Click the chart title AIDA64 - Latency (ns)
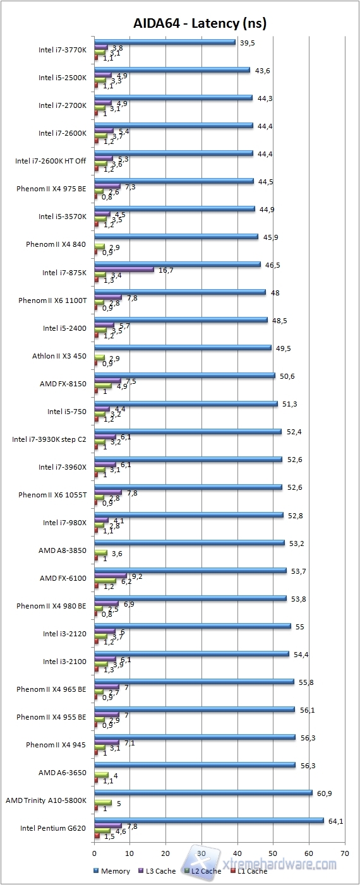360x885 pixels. click(200, 23)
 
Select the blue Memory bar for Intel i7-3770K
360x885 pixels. click(164, 42)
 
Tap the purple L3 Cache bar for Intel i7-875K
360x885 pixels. click(124, 270)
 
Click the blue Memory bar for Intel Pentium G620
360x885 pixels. click(208, 821)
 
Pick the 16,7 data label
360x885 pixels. click(166, 270)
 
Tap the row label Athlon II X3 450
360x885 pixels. click(59, 356)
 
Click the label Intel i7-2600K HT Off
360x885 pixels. click(51, 161)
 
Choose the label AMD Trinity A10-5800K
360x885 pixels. click(45, 800)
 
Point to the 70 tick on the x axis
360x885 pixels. click(344, 853)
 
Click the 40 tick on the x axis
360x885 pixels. click(237, 853)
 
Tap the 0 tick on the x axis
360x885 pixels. click(94, 853)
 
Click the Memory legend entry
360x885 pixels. click(114, 871)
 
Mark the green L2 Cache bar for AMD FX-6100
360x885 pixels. click(105, 581)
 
